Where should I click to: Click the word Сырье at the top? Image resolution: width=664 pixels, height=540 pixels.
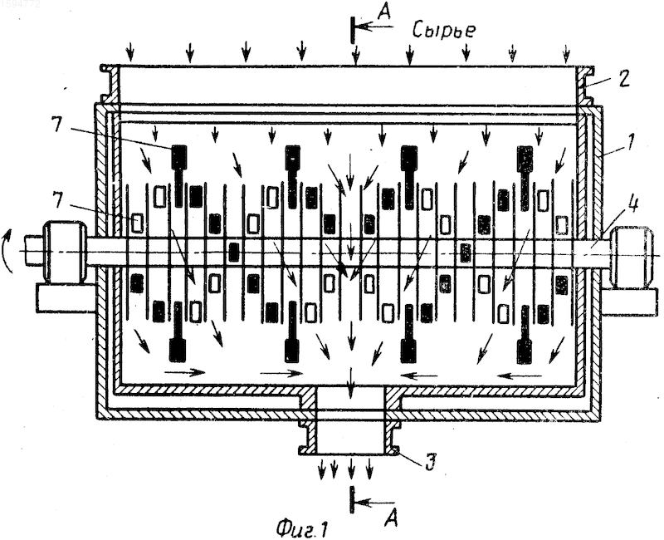(x=444, y=31)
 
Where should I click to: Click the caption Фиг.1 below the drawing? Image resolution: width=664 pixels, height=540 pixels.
(x=302, y=528)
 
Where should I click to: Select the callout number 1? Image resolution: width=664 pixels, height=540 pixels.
(x=629, y=142)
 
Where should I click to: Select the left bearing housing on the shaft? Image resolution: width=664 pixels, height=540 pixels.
(x=66, y=253)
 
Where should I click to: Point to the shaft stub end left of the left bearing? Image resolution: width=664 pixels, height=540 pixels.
(x=34, y=251)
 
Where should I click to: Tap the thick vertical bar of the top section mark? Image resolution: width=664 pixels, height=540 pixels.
(x=352, y=29)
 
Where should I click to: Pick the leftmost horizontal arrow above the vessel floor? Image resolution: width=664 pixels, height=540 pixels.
(x=184, y=372)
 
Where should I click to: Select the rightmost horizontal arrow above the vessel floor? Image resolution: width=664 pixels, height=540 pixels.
(x=520, y=375)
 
